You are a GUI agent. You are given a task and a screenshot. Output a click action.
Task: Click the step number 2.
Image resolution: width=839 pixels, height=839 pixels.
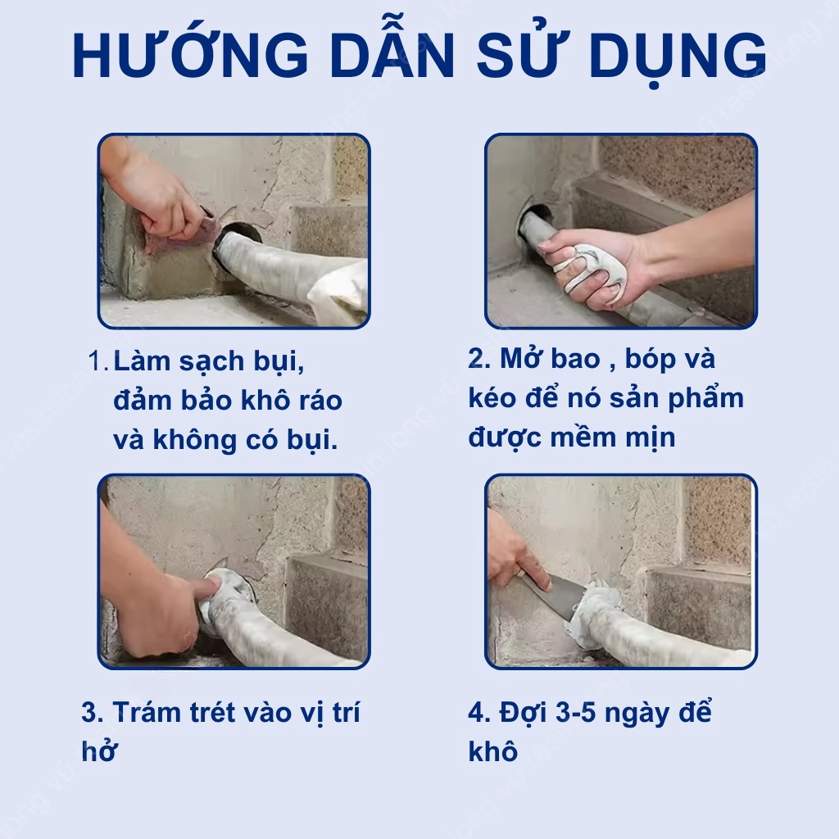[x=478, y=359]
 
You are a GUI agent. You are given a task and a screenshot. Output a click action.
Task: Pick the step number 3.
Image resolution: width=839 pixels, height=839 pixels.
[x=92, y=712]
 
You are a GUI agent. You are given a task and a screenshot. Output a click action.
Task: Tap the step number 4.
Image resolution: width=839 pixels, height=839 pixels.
[x=478, y=712]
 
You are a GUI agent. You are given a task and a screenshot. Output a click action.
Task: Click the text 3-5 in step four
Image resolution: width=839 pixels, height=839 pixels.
[x=576, y=712]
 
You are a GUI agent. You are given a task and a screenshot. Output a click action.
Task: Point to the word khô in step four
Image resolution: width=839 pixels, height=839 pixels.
[x=492, y=751]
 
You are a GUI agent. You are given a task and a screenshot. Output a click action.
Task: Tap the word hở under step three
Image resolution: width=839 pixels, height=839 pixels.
[x=99, y=751]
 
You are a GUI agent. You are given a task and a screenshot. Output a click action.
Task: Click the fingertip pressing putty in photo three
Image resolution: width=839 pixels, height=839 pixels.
[x=211, y=585]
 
